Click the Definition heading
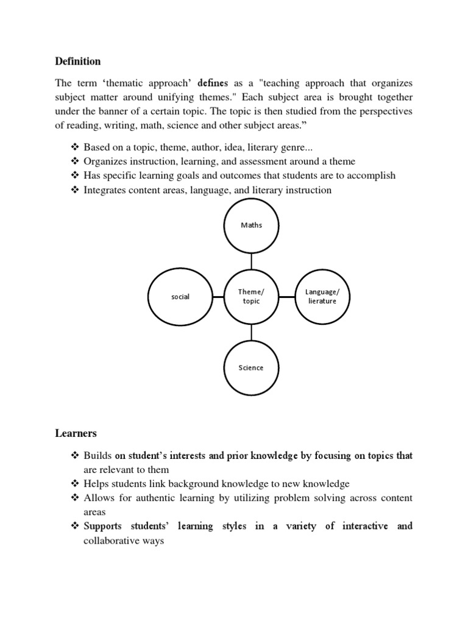click(78, 62)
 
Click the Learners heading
click(76, 434)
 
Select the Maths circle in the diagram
click(252, 225)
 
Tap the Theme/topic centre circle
click(252, 297)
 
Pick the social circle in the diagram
click(180, 297)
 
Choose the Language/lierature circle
click(322, 297)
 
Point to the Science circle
click(252, 368)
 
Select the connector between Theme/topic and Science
click(252, 332)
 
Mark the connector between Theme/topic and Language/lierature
click(287, 297)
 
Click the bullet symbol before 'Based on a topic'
click(75, 147)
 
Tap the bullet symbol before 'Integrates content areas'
click(75, 190)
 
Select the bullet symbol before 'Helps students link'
click(75, 484)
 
